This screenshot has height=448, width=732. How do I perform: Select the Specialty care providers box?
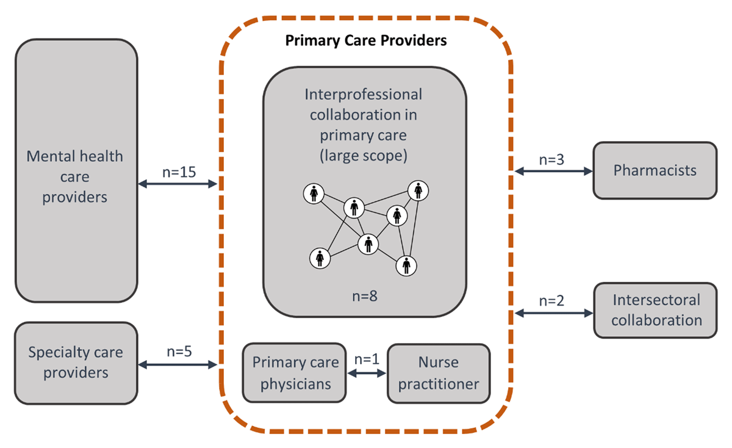pyautogui.click(x=76, y=363)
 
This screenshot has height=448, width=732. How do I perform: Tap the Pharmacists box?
pyautogui.click(x=655, y=170)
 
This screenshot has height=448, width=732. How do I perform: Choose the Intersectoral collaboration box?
pyautogui.click(x=656, y=310)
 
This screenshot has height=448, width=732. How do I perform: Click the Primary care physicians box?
pyautogui.click(x=294, y=373)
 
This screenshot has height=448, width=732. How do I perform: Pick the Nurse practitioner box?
pyautogui.click(x=438, y=373)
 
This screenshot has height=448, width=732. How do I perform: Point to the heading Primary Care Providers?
pyautogui.click(x=366, y=41)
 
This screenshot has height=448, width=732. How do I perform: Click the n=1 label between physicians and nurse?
pyautogui.click(x=367, y=359)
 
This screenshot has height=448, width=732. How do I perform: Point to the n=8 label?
pyautogui.click(x=365, y=297)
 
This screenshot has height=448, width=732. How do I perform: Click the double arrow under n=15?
pyautogui.click(x=178, y=184)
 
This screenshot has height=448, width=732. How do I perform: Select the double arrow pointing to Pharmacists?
pyautogui.click(x=553, y=172)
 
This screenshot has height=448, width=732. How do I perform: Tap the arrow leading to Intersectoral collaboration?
pyautogui.click(x=553, y=313)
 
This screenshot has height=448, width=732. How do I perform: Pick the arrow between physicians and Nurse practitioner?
pyautogui.click(x=367, y=373)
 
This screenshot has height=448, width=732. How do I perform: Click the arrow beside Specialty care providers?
pyautogui.click(x=178, y=365)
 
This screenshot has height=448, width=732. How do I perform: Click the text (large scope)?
pyautogui.click(x=364, y=155)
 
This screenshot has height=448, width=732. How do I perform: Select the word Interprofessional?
pyautogui.click(x=364, y=95)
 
